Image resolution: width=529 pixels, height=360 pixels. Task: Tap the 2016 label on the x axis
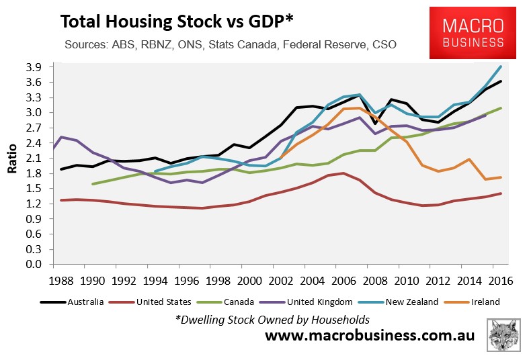tap(500, 279)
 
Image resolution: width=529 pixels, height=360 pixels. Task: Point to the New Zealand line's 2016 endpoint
tap(501, 66)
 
